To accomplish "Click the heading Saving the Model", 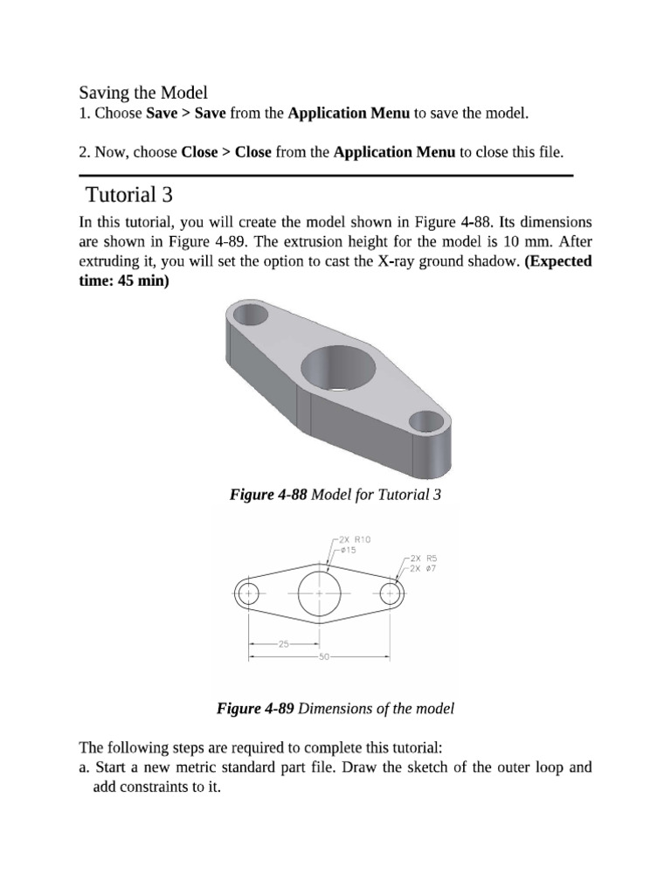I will (144, 93).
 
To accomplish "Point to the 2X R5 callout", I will (424, 558).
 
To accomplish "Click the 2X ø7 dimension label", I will (424, 568).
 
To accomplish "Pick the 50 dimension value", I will (323, 656).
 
